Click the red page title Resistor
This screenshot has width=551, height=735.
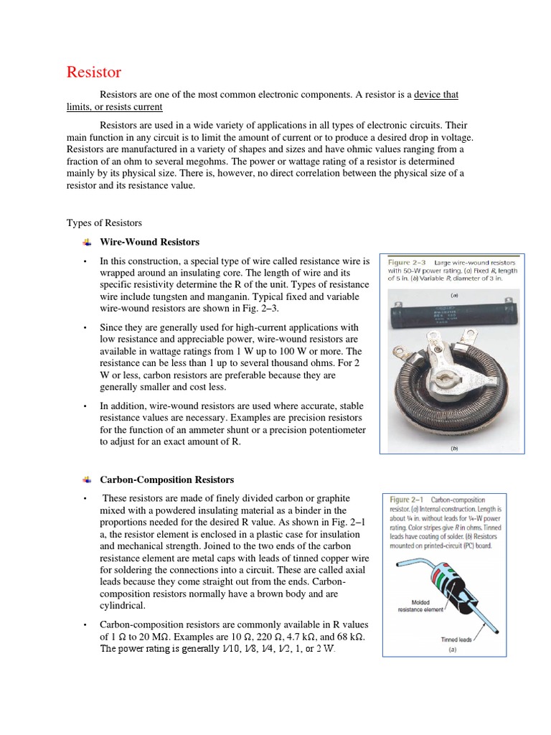(94, 72)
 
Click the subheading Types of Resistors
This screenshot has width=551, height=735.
(104, 223)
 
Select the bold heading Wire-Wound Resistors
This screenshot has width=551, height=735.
(149, 242)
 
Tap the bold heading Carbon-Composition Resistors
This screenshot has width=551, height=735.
(166, 479)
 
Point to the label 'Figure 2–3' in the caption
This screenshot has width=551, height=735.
(407, 263)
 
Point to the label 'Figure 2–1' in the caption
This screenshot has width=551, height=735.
(408, 500)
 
